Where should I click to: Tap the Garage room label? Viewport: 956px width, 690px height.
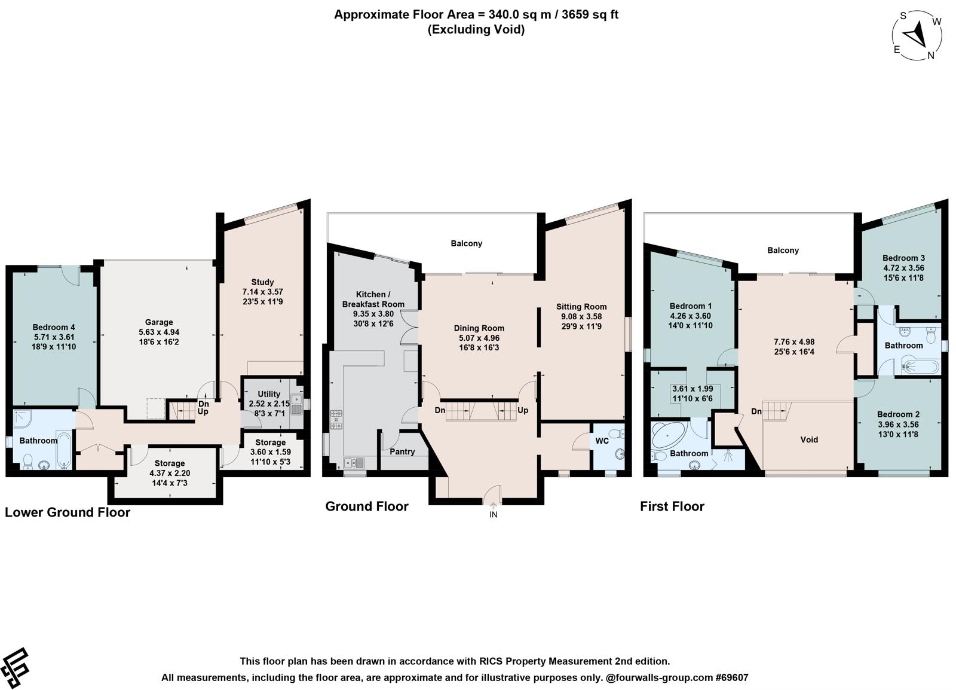tap(159, 322)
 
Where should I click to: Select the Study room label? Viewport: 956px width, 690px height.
tap(262, 282)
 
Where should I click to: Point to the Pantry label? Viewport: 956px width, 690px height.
tap(402, 452)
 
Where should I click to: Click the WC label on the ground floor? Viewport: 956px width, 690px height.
tap(602, 441)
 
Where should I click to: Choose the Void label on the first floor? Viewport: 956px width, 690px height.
tap(809, 440)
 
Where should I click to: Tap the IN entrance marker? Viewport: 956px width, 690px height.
tap(494, 515)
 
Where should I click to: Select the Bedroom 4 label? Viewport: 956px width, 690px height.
tap(54, 328)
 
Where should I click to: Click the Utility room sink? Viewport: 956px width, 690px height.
tap(297, 404)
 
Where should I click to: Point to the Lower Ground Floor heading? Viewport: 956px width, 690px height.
tap(68, 512)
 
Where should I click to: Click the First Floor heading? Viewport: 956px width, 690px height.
tap(672, 506)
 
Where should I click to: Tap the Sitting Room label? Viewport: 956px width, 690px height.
tap(581, 307)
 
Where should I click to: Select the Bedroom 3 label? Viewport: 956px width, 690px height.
tap(903, 258)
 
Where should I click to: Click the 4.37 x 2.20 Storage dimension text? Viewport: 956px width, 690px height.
tap(170, 473)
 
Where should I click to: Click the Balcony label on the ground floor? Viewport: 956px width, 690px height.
tap(467, 243)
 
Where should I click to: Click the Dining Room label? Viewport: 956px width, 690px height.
tap(479, 328)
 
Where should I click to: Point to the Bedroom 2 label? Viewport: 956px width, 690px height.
tap(899, 414)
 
